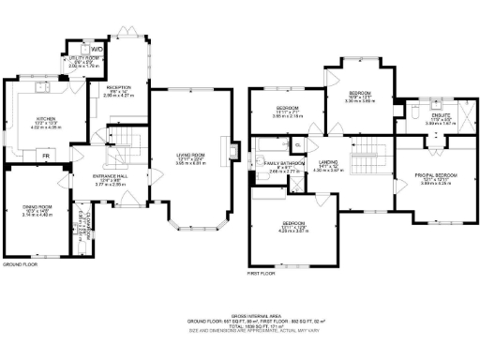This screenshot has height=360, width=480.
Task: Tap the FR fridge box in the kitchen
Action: [x=46, y=152]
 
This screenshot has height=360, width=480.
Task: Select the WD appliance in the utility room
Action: [x=97, y=48]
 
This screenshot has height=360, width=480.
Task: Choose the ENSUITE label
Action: [x=440, y=117]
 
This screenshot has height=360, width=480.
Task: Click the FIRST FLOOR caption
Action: [x=262, y=273]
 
